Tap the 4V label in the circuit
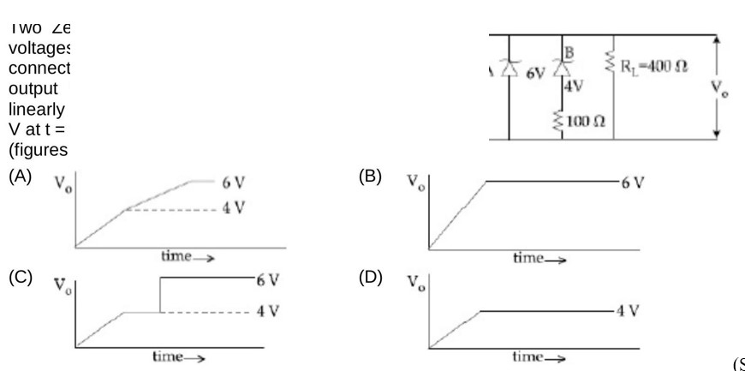(x=573, y=86)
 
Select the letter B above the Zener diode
(x=570, y=51)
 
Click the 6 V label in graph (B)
(x=633, y=183)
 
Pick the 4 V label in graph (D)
(x=629, y=311)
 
